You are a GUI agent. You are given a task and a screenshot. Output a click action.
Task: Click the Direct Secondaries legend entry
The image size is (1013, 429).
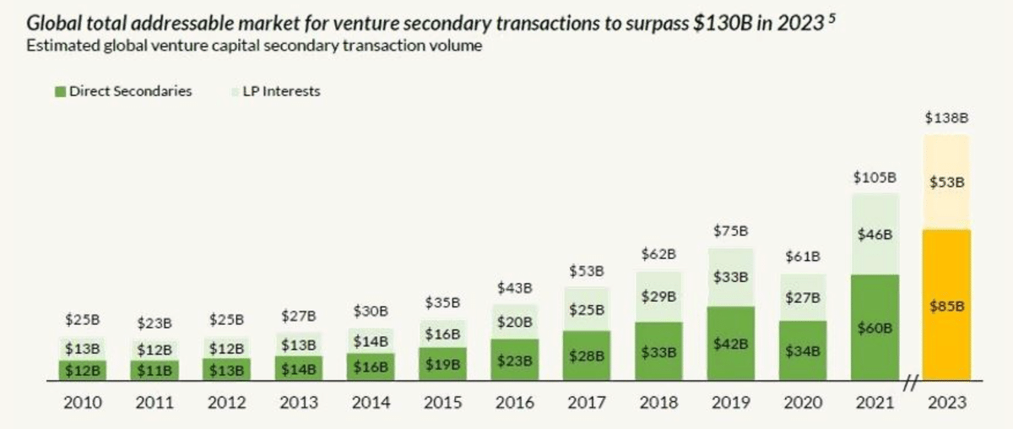pyautogui.click(x=123, y=91)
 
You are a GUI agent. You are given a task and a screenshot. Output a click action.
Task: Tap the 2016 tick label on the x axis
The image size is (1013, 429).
pyautogui.click(x=514, y=403)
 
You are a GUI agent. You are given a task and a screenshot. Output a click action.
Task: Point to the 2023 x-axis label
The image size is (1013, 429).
pyautogui.click(x=945, y=403)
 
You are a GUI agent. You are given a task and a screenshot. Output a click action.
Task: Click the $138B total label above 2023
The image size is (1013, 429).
pyautogui.click(x=946, y=118)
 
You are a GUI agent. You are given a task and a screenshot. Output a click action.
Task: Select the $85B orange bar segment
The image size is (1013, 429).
pyautogui.click(x=946, y=305)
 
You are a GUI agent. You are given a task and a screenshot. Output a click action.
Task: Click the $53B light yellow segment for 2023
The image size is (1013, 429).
pyautogui.click(x=946, y=182)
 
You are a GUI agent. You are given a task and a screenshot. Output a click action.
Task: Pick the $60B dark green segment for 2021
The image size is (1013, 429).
pyautogui.click(x=875, y=328)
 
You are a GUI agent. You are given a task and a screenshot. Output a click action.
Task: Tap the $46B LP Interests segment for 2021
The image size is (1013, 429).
pyautogui.click(x=875, y=234)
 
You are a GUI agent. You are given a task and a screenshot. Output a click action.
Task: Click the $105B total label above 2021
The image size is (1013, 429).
pyautogui.click(x=875, y=177)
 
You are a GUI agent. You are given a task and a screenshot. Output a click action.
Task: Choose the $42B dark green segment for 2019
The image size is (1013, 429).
pyautogui.click(x=730, y=343)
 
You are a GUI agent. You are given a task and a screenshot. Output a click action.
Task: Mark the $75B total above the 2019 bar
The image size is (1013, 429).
pyautogui.click(x=731, y=231)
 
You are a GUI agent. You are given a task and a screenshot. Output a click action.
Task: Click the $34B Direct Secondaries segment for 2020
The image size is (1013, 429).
pyautogui.click(x=803, y=350)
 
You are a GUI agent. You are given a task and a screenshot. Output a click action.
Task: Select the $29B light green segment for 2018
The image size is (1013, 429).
pyautogui.click(x=658, y=297)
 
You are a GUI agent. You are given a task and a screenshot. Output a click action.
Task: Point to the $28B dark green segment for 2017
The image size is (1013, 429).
pyautogui.click(x=587, y=356)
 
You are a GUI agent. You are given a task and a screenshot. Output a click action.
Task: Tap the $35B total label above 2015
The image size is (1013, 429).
pyautogui.click(x=442, y=302)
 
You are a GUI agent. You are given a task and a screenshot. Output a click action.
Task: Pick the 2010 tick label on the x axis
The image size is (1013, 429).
pyautogui.click(x=83, y=403)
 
